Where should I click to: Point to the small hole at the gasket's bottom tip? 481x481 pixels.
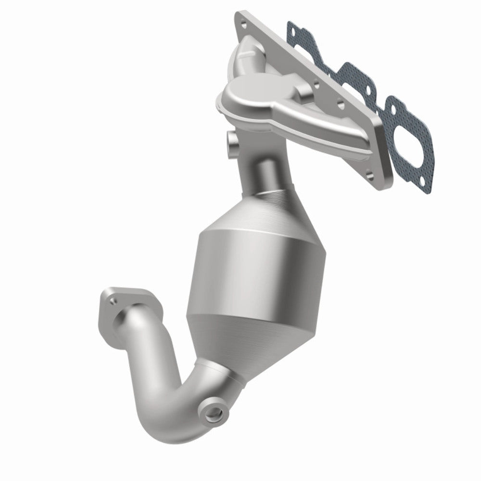click(x=422, y=182)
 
